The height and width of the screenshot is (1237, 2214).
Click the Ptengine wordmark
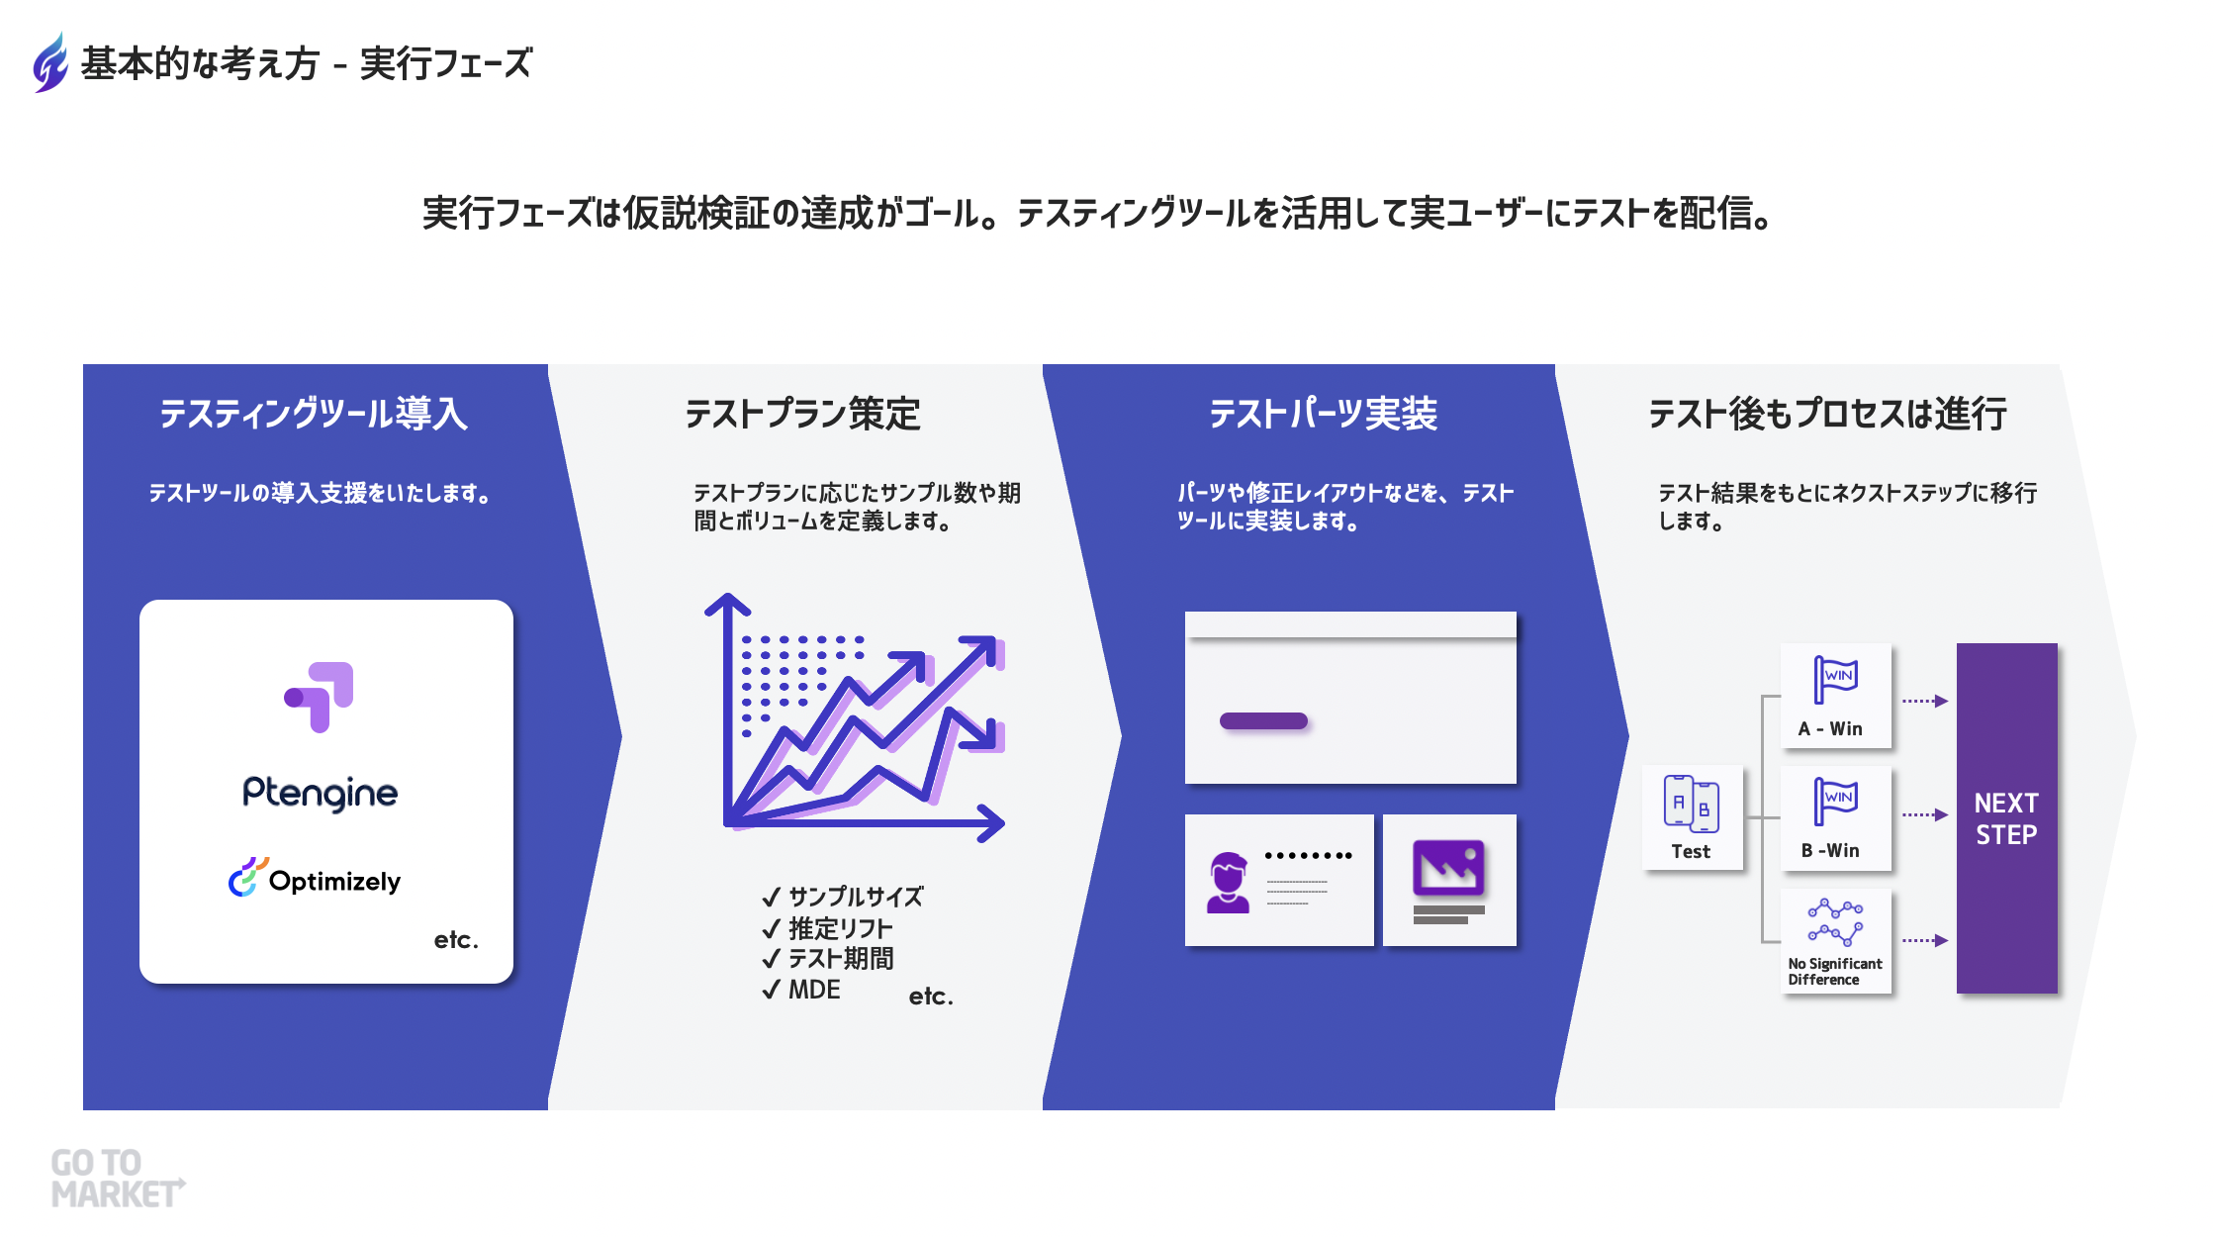pyautogui.click(x=320, y=793)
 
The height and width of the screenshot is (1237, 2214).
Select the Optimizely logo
pyautogui.click(x=315, y=879)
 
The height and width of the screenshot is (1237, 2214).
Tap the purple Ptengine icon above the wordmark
pyautogui.click(x=319, y=697)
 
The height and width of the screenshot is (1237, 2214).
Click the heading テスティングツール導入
pyautogui.click(x=314, y=413)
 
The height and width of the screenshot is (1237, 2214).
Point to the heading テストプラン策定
pyautogui.click(x=802, y=413)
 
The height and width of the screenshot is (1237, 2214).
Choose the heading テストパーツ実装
pyautogui.click(x=1323, y=413)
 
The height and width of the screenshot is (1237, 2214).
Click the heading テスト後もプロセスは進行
pyautogui.click(x=1827, y=413)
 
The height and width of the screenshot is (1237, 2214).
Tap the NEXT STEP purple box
pyautogui.click(x=2006, y=818)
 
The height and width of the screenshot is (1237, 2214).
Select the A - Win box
pyautogui.click(x=1836, y=697)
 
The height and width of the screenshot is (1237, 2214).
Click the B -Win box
pyautogui.click(x=1836, y=818)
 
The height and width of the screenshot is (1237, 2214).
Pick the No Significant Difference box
pyautogui.click(x=1836, y=940)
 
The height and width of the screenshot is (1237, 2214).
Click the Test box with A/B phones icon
pyautogui.click(x=1693, y=817)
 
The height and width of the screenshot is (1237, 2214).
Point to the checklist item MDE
pyautogui.click(x=802, y=990)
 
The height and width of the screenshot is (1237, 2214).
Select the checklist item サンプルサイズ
pyautogui.click(x=843, y=897)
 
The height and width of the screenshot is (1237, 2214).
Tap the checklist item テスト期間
pyautogui.click(x=828, y=959)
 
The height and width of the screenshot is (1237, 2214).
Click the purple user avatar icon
pyautogui.click(x=1228, y=883)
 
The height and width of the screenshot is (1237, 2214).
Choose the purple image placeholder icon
pyautogui.click(x=1448, y=867)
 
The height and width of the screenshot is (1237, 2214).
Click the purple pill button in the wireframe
pyautogui.click(x=1264, y=721)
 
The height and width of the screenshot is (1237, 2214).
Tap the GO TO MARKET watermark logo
pyautogui.click(x=118, y=1179)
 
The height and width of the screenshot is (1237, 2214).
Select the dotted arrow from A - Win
pyautogui.click(x=1925, y=701)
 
